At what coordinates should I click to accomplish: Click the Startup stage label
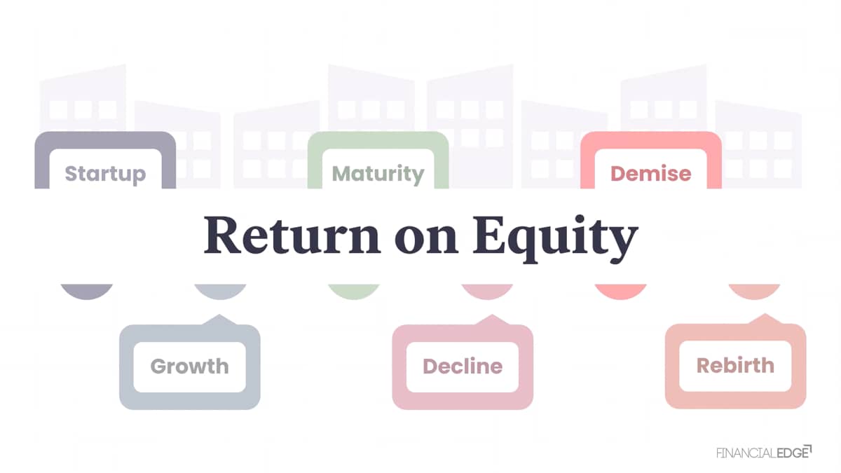105,174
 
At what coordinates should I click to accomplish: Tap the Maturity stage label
378,174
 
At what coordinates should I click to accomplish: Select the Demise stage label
650,174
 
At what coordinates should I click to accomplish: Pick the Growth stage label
190,366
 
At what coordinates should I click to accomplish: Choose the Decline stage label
463,366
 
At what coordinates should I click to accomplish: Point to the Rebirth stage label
735,365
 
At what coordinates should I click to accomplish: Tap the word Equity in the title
556,239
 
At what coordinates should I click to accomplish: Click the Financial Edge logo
764,452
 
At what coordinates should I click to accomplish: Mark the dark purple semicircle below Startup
87,292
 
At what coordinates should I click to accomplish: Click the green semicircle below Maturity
354,292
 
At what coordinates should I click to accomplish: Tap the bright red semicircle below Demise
621,292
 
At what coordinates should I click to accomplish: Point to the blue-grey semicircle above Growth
220,292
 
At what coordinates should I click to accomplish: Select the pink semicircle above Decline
487,292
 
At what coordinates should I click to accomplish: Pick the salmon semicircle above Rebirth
755,292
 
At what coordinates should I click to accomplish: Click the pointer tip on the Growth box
219,315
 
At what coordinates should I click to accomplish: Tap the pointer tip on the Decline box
492,315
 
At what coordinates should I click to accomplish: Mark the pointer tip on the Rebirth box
765,314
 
